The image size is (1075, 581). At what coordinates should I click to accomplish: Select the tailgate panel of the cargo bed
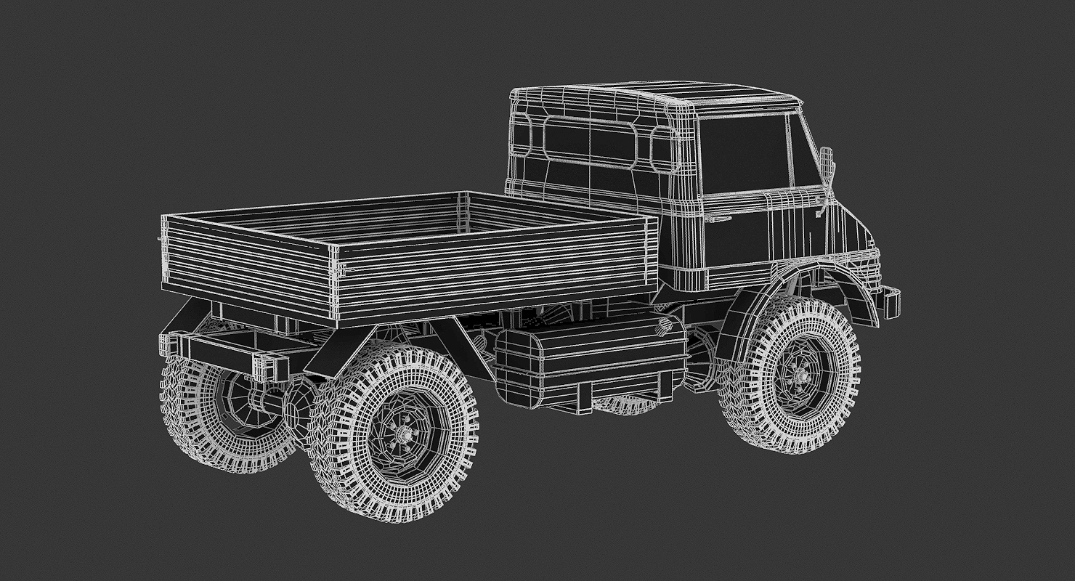pyautogui.click(x=247, y=260)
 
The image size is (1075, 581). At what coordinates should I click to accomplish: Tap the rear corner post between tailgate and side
pyautogui.click(x=335, y=283)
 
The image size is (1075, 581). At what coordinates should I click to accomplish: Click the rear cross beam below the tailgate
pyautogui.click(x=218, y=352)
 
